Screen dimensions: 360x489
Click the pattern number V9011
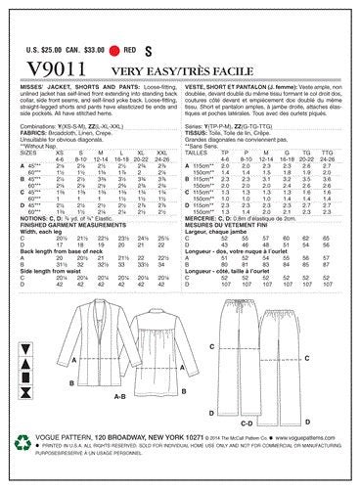pos(49,62)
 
